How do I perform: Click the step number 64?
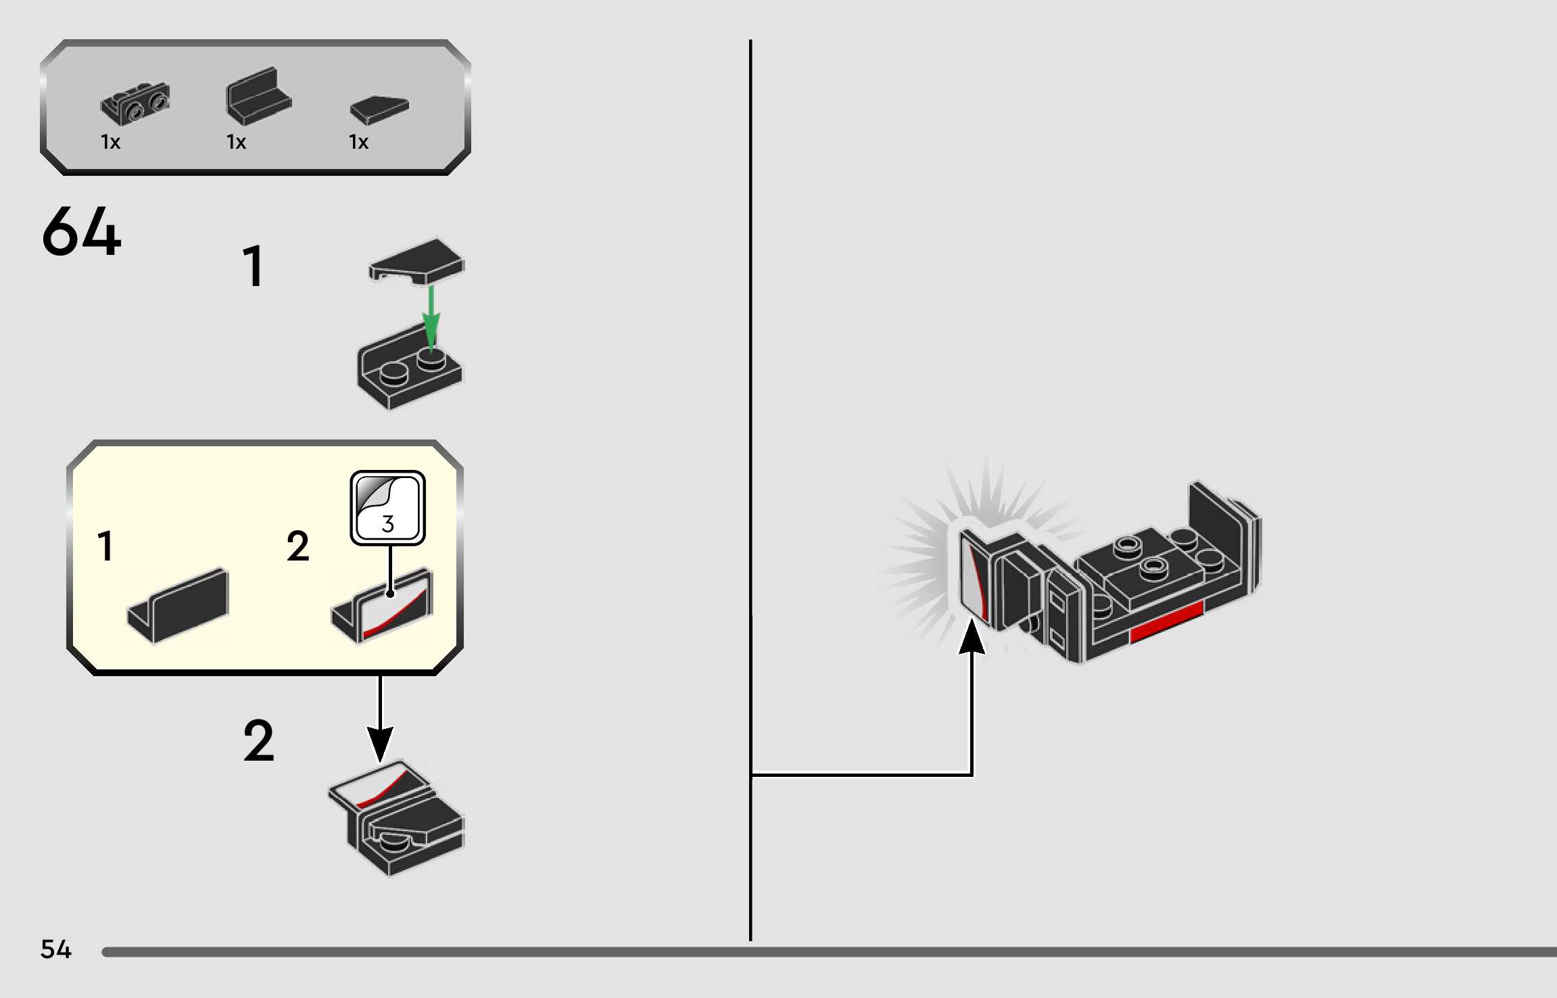click(x=81, y=232)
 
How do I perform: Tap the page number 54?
click(x=55, y=949)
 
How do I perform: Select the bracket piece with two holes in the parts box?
click(x=135, y=103)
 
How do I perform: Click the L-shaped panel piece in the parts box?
click(x=258, y=97)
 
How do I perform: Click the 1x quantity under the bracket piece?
click(x=110, y=142)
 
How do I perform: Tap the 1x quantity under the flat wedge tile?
click(x=358, y=142)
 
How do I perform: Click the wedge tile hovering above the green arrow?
click(x=416, y=260)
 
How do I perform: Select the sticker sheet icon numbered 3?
click(x=387, y=508)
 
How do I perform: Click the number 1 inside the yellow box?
click(x=105, y=546)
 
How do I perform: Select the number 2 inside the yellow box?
click(x=297, y=546)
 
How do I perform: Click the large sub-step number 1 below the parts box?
click(x=253, y=266)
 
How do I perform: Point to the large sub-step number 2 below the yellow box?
click(x=259, y=741)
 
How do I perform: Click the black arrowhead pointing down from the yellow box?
click(x=380, y=744)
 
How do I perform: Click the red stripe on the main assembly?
click(x=1166, y=623)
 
